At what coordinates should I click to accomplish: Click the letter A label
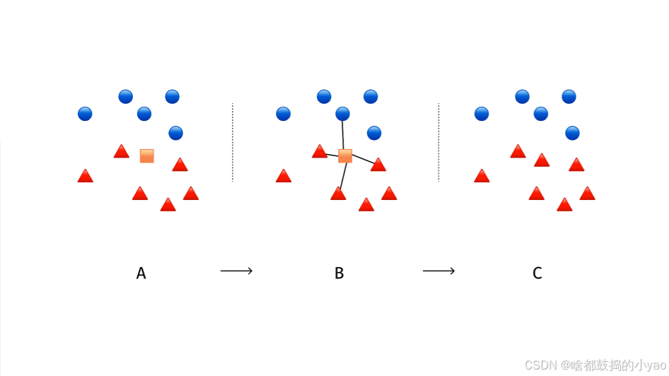tap(141, 274)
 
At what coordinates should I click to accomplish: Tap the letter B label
tap(339, 274)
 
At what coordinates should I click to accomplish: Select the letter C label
tap(537, 274)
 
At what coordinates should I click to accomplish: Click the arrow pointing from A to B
tap(236, 271)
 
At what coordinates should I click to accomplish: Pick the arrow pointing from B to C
tap(438, 271)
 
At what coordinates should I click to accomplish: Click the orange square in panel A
tap(147, 156)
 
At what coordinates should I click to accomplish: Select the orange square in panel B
tap(345, 156)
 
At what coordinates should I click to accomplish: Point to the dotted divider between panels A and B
tap(232, 142)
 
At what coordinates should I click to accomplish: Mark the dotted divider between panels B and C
tap(438, 142)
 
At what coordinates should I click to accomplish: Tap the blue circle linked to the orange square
tap(343, 113)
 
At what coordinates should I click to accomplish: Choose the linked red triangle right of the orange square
tap(378, 165)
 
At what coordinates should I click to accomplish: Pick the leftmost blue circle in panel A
tap(85, 113)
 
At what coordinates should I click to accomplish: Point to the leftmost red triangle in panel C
tap(482, 176)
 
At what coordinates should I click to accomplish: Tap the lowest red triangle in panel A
tap(168, 205)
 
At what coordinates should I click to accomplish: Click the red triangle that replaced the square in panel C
tap(542, 160)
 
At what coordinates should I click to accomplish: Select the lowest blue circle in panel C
tap(573, 133)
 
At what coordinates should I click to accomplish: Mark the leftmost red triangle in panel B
tap(284, 176)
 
